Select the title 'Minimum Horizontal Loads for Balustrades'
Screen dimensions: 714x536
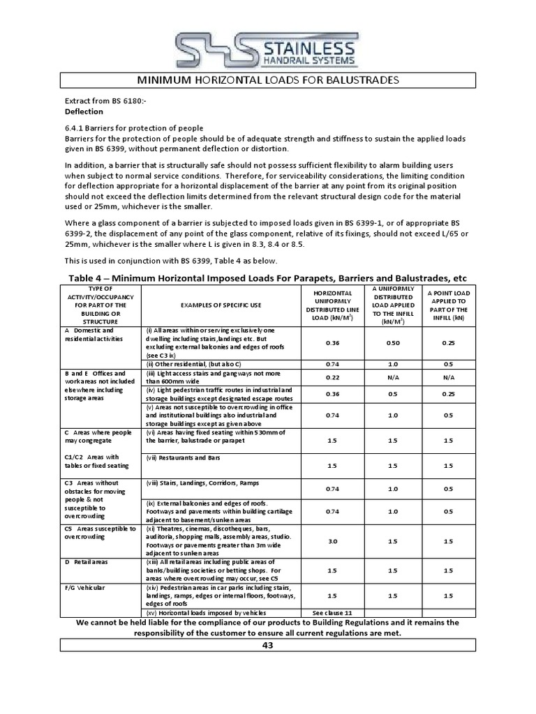coord(267,80)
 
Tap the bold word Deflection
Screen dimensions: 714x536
coord(84,111)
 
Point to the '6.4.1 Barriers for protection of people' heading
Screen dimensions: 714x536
coord(134,128)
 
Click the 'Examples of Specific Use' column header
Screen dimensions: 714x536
coord(222,305)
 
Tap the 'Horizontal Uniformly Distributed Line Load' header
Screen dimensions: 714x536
coord(332,305)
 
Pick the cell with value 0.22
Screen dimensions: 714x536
coord(332,377)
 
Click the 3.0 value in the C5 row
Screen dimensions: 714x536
coord(332,541)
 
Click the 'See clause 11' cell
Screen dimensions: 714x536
coord(332,612)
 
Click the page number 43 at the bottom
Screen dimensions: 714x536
coord(267,645)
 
